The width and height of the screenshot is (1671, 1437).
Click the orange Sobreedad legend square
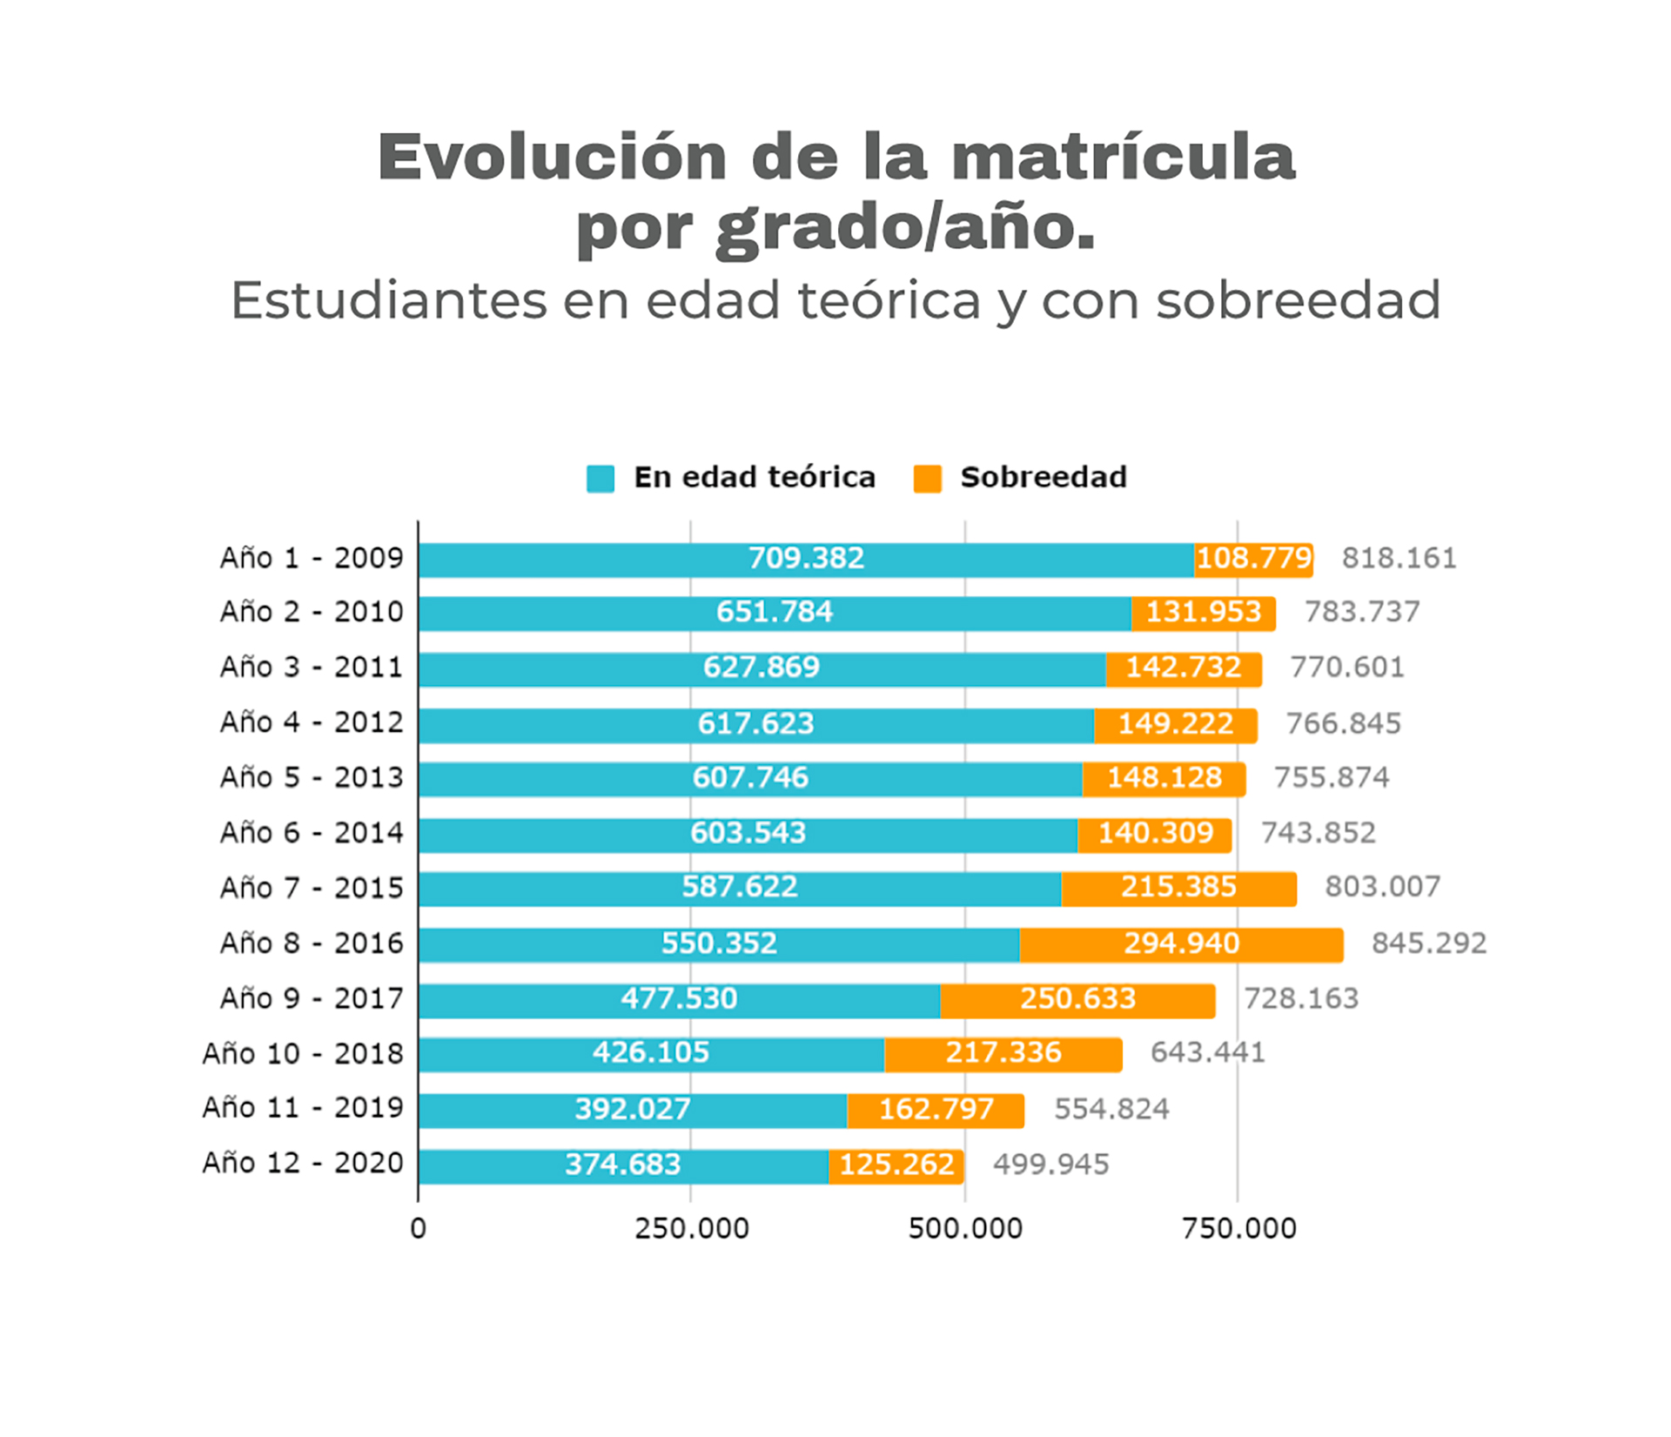pyautogui.click(x=928, y=479)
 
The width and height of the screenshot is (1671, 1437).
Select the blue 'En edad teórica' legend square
pyautogui.click(x=601, y=479)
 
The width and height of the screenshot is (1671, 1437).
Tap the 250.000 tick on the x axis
pyautogui.click(x=691, y=1228)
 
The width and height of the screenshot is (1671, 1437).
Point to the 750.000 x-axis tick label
pyautogui.click(x=1238, y=1228)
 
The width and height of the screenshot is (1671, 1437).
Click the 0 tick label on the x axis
pyautogui.click(x=418, y=1228)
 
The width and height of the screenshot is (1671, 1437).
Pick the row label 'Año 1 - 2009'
pyautogui.click(x=312, y=558)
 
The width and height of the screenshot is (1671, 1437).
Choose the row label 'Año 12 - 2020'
pyautogui.click(x=303, y=1163)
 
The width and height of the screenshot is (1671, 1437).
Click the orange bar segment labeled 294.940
pyautogui.click(x=1181, y=944)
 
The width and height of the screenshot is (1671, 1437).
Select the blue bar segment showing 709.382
pyautogui.click(x=806, y=560)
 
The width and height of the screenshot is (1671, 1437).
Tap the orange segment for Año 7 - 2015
pyautogui.click(x=1179, y=889)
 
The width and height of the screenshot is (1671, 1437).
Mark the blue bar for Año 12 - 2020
pyautogui.click(x=623, y=1166)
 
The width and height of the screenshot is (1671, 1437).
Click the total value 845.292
pyautogui.click(x=1429, y=943)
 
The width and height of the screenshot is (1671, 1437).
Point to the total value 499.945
pyautogui.click(x=1051, y=1165)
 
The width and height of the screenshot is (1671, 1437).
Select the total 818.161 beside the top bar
pyautogui.click(x=1399, y=558)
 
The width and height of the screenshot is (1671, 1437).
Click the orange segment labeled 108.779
pyautogui.click(x=1254, y=560)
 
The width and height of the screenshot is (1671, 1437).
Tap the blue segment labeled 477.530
pyautogui.click(x=679, y=1000)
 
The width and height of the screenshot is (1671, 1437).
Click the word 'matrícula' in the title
pyautogui.click(x=1124, y=157)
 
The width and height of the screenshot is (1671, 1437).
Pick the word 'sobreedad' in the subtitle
pyautogui.click(x=1299, y=301)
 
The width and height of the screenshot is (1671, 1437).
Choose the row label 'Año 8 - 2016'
pyautogui.click(x=312, y=943)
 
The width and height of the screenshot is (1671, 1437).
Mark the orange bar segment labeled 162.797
pyautogui.click(x=936, y=1111)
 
